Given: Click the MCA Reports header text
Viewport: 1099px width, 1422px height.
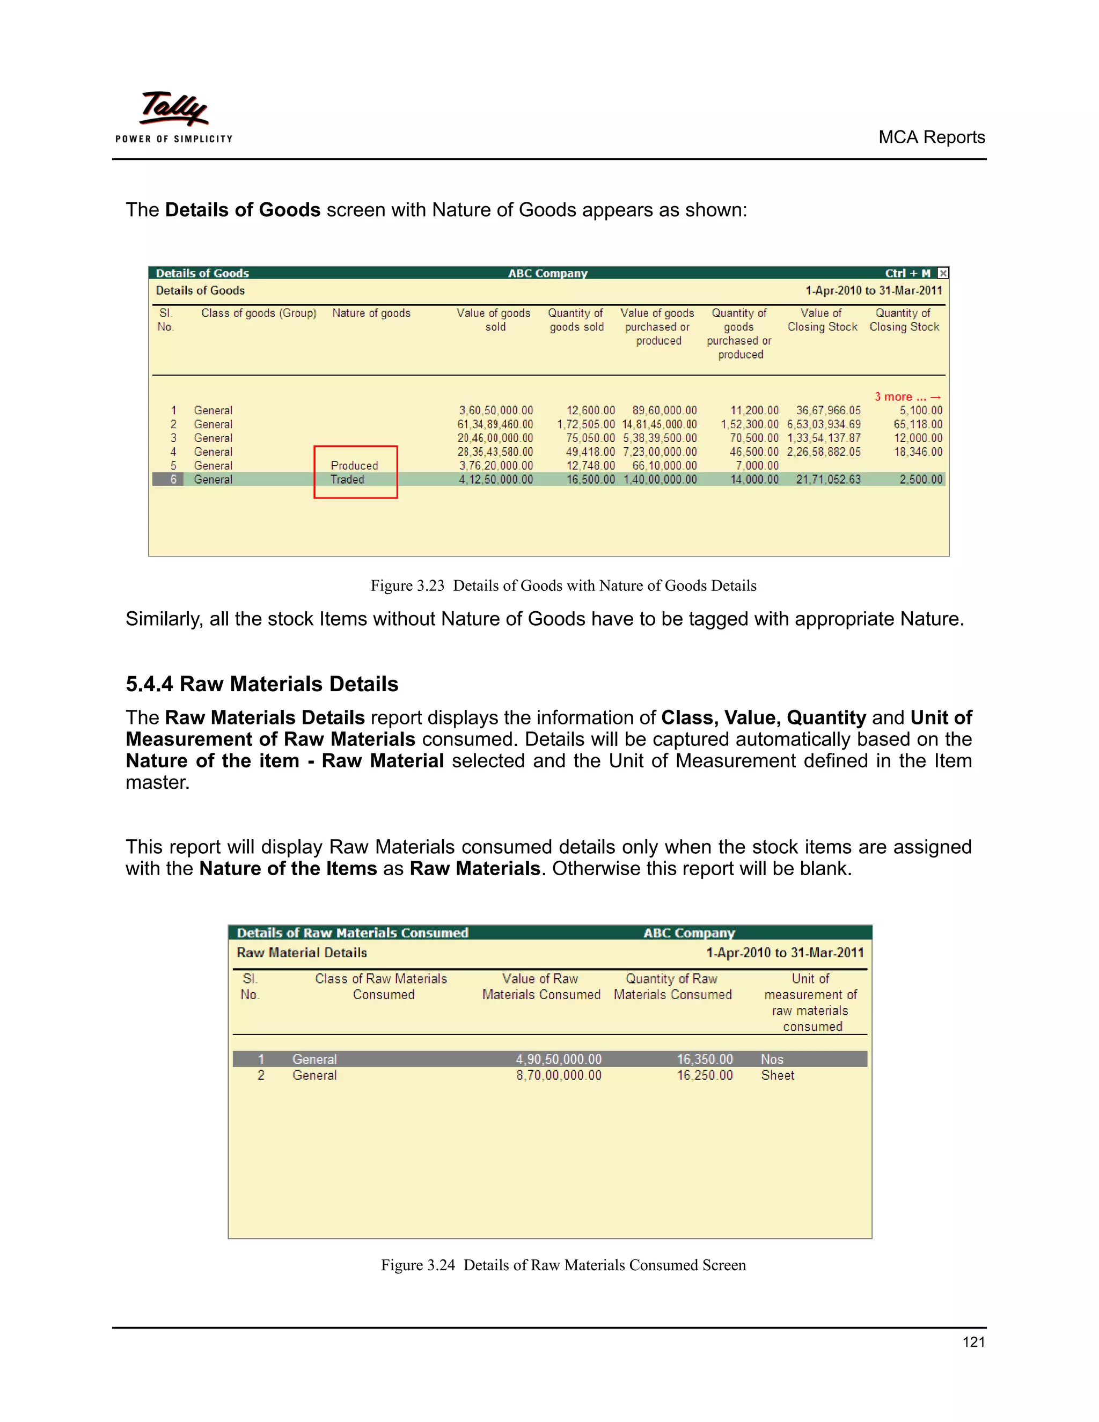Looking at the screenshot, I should [x=931, y=137].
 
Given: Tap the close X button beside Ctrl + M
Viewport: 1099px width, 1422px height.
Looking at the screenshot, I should [x=943, y=273].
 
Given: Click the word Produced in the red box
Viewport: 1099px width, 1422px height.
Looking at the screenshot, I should [x=354, y=466].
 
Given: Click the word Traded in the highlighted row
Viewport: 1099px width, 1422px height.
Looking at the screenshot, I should [x=347, y=479].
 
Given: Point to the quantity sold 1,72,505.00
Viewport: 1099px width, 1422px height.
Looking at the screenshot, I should [x=585, y=424].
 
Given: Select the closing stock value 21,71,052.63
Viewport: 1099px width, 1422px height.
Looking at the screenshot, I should [x=827, y=479].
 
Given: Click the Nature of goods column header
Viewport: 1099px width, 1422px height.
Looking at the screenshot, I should [x=371, y=313].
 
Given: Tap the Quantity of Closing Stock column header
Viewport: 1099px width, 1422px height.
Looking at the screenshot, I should [x=904, y=320].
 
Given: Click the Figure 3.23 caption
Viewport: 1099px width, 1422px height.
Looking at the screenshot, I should [x=563, y=585].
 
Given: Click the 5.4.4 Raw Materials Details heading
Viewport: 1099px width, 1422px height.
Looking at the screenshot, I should [x=262, y=684].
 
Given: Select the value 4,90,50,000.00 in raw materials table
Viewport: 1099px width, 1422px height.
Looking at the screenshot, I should [x=559, y=1059].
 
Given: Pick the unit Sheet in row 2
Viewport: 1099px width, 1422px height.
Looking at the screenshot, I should [x=778, y=1075].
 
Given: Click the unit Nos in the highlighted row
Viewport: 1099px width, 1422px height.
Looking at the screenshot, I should [x=772, y=1059].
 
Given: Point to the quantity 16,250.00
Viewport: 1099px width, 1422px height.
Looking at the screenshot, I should [x=705, y=1075].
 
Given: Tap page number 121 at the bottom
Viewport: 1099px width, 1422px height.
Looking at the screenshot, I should [x=973, y=1342].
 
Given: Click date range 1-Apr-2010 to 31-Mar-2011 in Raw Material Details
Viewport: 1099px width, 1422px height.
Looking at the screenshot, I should [x=785, y=952].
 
